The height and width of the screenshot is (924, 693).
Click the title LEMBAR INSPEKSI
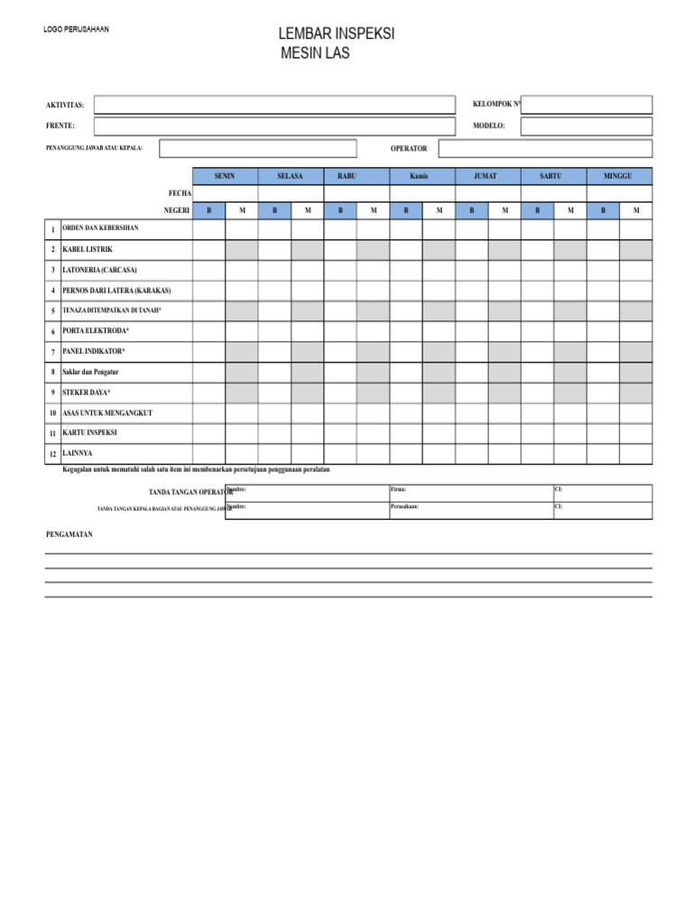(x=337, y=34)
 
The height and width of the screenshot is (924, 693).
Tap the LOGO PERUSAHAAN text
(x=76, y=30)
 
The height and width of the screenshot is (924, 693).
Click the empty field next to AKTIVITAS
(x=274, y=105)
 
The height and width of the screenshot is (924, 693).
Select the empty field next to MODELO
(x=586, y=126)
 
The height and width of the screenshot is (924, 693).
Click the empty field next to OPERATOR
(x=545, y=148)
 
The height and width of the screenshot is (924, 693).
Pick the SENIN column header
(x=225, y=176)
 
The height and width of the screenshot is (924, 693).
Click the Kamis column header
(x=421, y=176)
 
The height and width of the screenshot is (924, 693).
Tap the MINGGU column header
(x=619, y=176)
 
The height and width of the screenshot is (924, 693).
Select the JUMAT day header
(x=487, y=176)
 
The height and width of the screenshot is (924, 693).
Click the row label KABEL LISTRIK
(x=88, y=249)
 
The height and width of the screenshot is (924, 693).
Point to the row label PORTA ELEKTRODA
(x=96, y=331)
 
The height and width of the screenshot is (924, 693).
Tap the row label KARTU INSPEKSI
(x=89, y=433)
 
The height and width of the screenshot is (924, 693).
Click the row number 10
(x=53, y=413)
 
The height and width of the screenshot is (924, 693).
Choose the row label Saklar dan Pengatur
(x=90, y=372)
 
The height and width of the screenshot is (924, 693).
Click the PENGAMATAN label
(x=69, y=534)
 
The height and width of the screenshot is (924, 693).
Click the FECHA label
(x=179, y=193)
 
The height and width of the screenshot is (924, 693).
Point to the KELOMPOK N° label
(x=497, y=105)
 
